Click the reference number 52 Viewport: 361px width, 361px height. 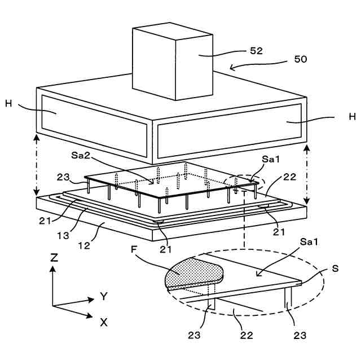pos(256,51)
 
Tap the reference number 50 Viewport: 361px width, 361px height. pos(301,59)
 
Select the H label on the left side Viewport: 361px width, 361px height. pos(8,104)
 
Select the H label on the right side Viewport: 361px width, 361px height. pos(352,117)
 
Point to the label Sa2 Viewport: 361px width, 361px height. pos(81,155)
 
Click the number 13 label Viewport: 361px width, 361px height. pos(63,236)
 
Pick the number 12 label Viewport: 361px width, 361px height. pos(84,246)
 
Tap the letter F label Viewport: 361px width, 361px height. pos(134,249)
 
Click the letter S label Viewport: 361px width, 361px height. pos(335,268)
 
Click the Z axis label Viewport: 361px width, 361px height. pos(54,258)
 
